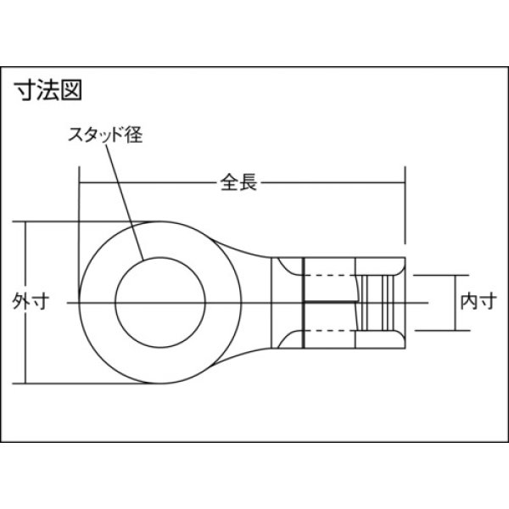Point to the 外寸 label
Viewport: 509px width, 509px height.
[27, 299]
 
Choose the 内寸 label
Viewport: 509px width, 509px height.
[472, 299]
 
